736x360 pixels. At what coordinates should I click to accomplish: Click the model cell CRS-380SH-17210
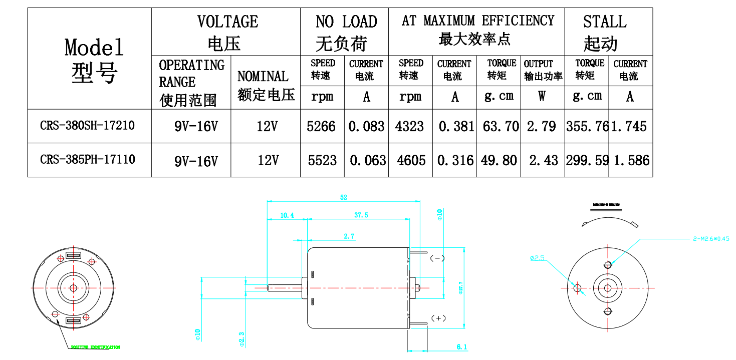(x=87, y=125)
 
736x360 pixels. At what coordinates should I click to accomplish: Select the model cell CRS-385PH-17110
(x=87, y=160)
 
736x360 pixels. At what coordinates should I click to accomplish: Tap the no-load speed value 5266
(x=321, y=126)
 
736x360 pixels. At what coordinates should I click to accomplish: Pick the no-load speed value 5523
(x=322, y=160)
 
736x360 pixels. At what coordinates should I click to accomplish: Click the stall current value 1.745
(x=629, y=126)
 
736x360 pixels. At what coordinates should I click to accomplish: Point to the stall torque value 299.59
(x=587, y=160)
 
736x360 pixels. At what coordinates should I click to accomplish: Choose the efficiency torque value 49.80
(x=499, y=160)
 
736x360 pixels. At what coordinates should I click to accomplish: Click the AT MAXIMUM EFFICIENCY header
(x=478, y=21)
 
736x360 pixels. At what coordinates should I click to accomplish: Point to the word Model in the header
(x=94, y=48)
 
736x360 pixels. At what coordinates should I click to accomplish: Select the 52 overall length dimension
(x=343, y=197)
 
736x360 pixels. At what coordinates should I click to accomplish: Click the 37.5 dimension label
(x=361, y=215)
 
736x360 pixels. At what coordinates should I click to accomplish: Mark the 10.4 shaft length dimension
(x=287, y=215)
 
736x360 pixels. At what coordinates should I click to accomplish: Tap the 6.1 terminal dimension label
(x=461, y=346)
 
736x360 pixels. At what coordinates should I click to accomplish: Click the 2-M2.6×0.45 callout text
(x=711, y=239)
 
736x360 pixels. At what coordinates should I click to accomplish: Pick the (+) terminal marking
(x=439, y=318)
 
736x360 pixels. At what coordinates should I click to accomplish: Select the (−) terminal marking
(x=437, y=258)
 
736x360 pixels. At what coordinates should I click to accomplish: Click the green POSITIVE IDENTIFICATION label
(x=95, y=347)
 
